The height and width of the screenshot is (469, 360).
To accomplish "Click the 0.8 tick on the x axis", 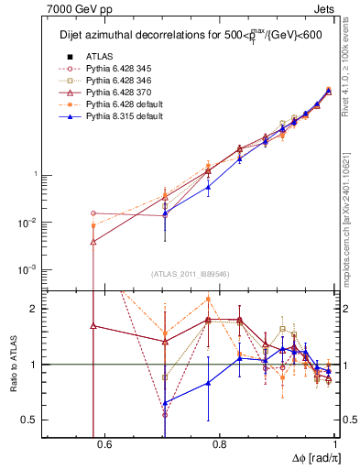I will tap(219, 445).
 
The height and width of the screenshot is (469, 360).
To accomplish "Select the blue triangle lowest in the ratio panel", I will tap(165, 402).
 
